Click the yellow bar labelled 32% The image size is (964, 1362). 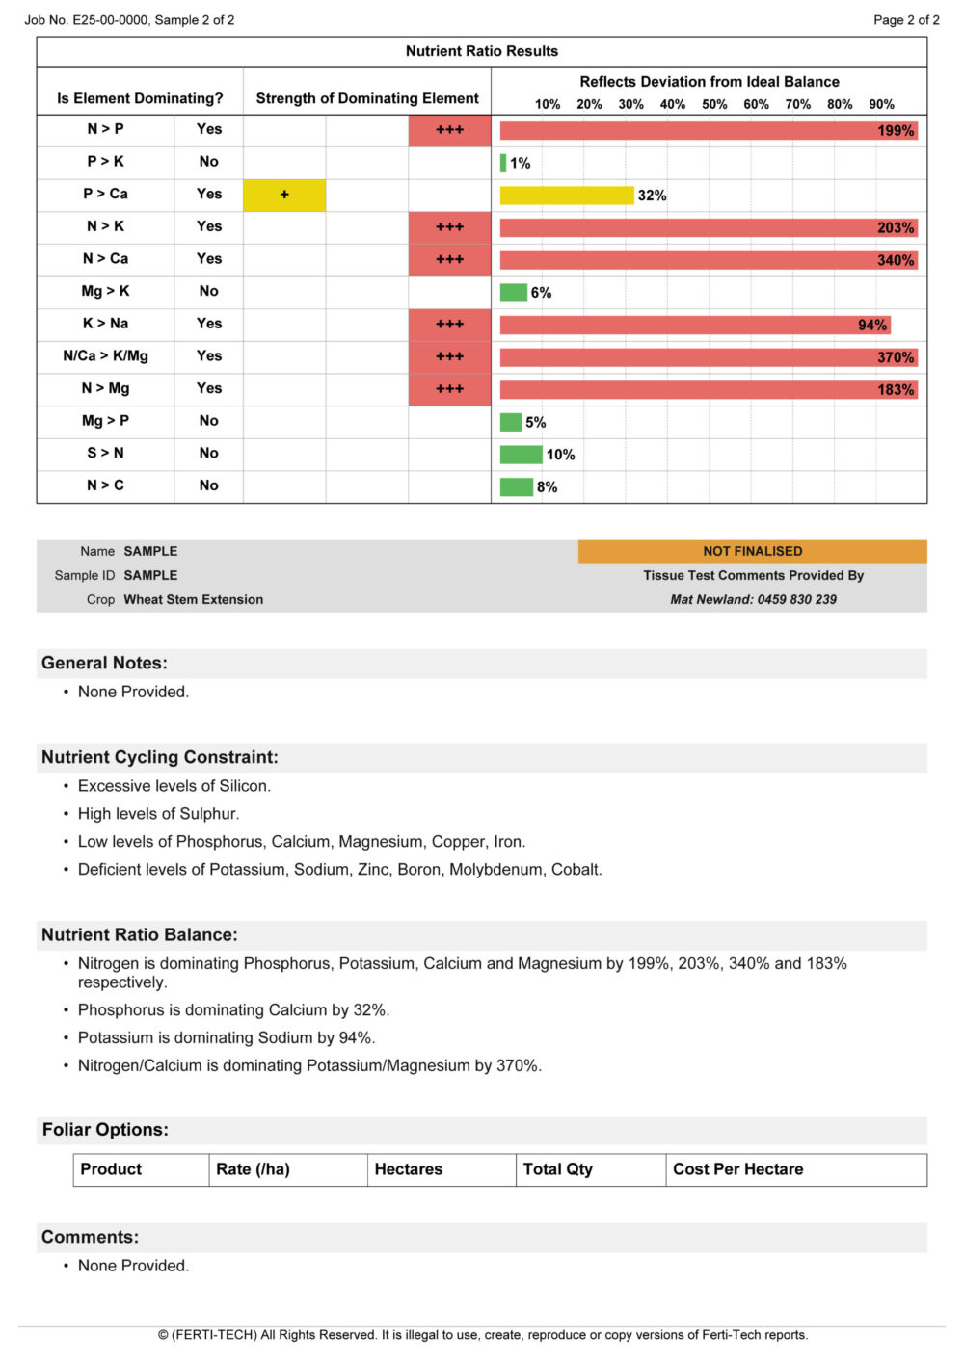566,196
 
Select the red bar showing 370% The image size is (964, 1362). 708,357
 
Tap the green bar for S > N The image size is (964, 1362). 521,455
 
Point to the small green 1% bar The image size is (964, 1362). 503,163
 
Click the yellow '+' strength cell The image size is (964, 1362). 284,195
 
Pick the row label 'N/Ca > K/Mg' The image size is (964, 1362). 105,356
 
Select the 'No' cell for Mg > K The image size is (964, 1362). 208,291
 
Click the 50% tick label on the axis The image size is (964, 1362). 714,104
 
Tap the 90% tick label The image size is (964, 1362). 881,104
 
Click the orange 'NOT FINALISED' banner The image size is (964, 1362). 752,551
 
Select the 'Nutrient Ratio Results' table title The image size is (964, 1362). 481,51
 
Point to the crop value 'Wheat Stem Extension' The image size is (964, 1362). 193,599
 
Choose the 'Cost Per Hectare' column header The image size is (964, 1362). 737,1169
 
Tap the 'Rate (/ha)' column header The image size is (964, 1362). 253,1169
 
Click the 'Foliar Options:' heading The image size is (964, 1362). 105,1130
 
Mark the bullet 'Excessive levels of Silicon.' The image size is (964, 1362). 174,786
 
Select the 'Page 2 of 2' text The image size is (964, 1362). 906,19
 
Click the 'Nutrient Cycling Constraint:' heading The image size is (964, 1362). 159,757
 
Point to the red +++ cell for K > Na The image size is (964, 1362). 449,325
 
